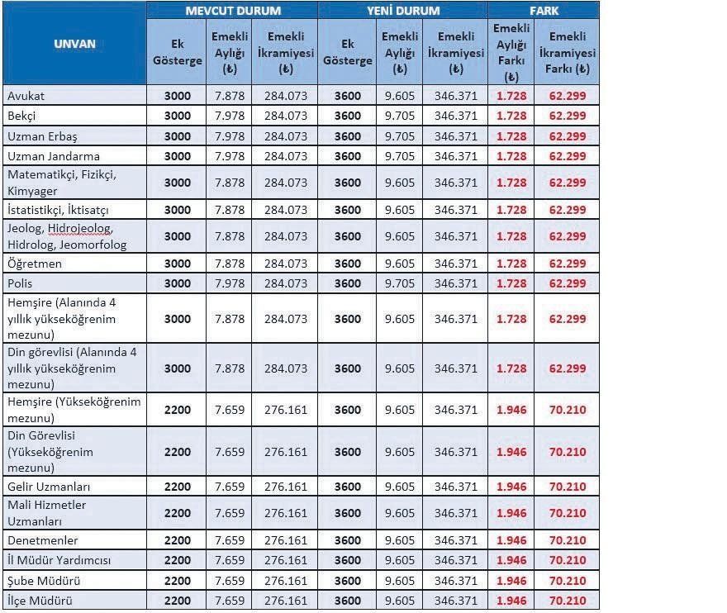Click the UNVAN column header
(x=74, y=43)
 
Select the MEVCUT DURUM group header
(x=232, y=11)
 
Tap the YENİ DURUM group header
(x=403, y=11)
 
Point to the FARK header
(x=544, y=11)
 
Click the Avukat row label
(x=26, y=96)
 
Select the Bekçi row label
(x=22, y=116)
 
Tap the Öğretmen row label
(x=35, y=264)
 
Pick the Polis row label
(x=21, y=283)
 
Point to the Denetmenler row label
(x=43, y=540)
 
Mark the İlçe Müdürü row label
(x=40, y=601)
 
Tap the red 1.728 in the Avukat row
(x=511, y=96)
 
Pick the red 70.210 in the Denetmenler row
(x=568, y=540)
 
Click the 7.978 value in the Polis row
(x=230, y=283)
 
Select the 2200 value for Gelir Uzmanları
(x=178, y=487)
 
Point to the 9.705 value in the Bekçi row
(x=400, y=116)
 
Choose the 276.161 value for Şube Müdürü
(x=286, y=581)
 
